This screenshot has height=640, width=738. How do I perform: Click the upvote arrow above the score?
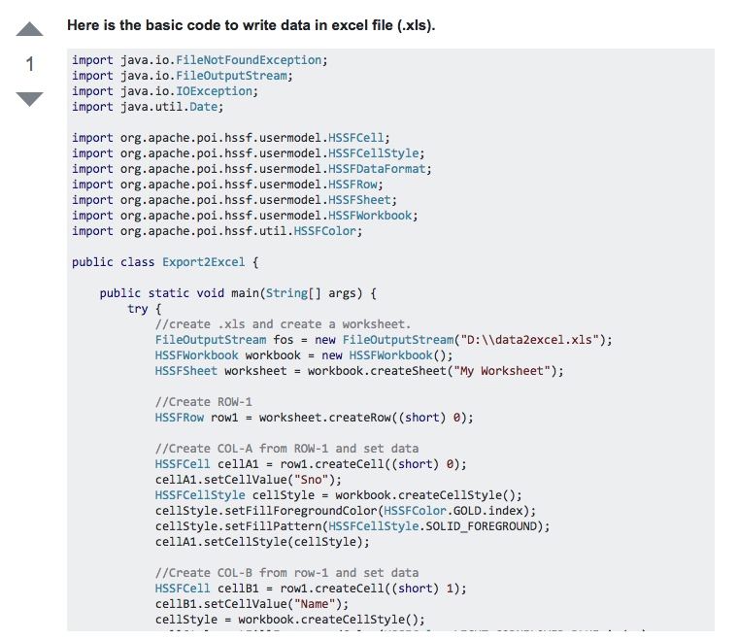(x=30, y=30)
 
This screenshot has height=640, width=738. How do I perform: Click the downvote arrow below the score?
(x=30, y=98)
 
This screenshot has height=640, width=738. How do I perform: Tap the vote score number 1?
(x=30, y=65)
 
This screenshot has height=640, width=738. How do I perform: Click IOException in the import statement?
(x=214, y=91)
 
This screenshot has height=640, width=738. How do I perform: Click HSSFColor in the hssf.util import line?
(x=324, y=231)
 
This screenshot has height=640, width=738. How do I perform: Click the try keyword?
(x=138, y=309)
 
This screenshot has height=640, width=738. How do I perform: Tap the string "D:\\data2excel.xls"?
(x=529, y=340)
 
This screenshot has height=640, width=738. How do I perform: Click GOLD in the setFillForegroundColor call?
(x=467, y=511)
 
